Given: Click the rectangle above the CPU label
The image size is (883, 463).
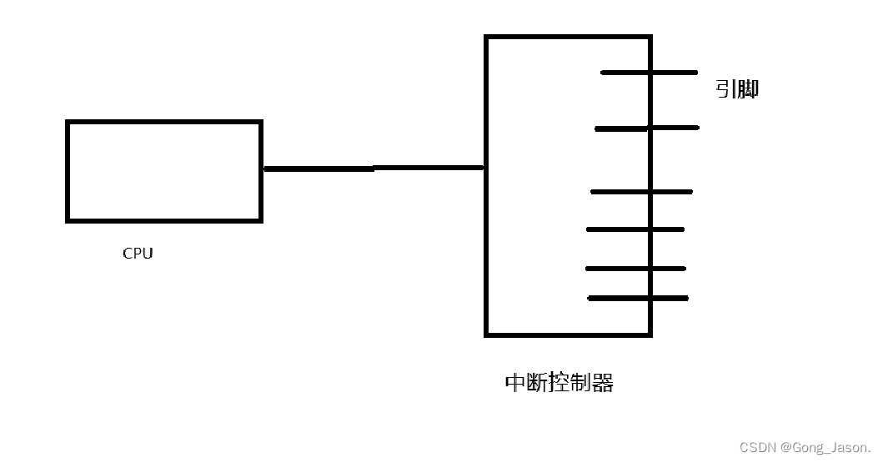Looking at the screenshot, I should coord(164,171).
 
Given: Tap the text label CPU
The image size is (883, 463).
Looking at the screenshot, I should coord(138,254).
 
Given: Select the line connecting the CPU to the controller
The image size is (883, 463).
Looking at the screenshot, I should coord(373,169).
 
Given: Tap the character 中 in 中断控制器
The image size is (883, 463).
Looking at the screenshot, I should coord(516,383).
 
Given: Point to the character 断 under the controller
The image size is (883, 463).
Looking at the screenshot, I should coord(538,383).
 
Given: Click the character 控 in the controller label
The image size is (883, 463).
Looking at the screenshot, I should coord(559,383).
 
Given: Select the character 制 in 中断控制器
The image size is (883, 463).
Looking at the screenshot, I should coord(581,383).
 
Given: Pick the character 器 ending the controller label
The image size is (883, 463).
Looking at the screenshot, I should coord(603,383).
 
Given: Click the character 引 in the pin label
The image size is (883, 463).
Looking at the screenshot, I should coord(725,89).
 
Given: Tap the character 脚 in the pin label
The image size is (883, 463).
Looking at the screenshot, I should coord(747,89).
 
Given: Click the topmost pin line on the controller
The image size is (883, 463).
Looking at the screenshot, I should coord(649,73).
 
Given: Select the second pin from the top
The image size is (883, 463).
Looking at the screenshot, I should coord(647,128).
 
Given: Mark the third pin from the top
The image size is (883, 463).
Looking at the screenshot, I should coord(641,192).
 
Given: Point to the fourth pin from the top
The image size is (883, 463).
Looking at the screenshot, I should coord(635,229).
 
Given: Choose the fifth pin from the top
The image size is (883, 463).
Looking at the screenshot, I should coord(635,269).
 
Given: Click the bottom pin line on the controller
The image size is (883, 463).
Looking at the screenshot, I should coord(638,298).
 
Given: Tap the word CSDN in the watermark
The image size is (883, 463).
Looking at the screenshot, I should coord(756,448).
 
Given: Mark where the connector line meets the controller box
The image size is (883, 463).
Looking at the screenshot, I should coord(485,168).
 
